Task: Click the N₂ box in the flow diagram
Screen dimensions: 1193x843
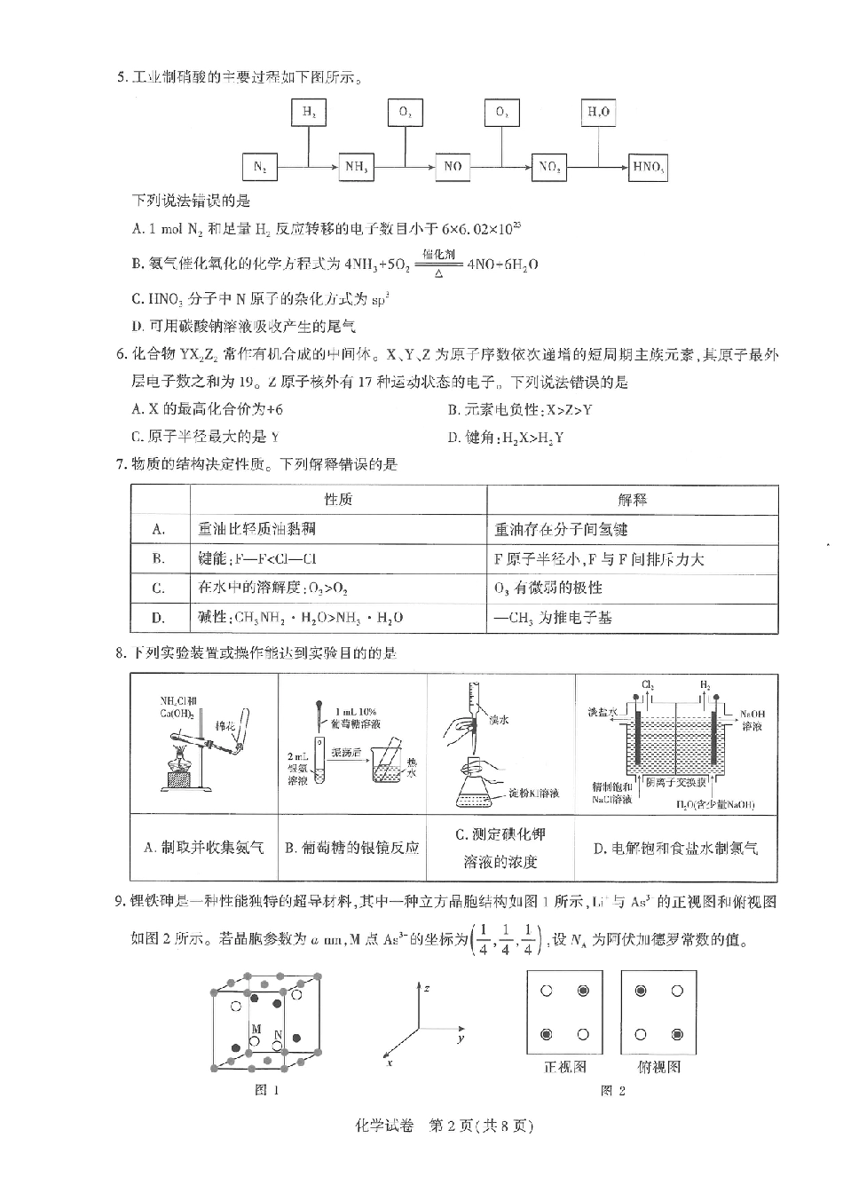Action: pos(260,167)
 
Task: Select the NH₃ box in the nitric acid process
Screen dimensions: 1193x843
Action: pos(356,167)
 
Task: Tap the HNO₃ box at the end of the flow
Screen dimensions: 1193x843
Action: pos(647,167)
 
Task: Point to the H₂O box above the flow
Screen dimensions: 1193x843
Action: pos(599,112)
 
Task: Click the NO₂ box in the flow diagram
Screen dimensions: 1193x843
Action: pos(549,167)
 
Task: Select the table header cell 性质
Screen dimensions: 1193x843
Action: pos(338,500)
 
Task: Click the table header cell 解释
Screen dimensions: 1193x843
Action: pos(632,500)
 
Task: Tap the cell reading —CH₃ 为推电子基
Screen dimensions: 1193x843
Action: pos(553,618)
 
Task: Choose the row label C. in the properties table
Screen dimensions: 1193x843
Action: pos(159,588)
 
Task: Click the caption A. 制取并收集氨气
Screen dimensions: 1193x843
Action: pos(203,848)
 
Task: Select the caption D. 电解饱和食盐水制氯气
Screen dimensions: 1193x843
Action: pos(675,848)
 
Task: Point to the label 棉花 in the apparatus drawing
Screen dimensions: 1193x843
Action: pos(227,725)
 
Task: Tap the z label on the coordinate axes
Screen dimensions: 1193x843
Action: pos(427,988)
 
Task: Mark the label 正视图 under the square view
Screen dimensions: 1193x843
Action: pos(564,1067)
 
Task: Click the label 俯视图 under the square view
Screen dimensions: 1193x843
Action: pos(658,1067)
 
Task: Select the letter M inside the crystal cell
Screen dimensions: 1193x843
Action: pos(256,1030)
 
